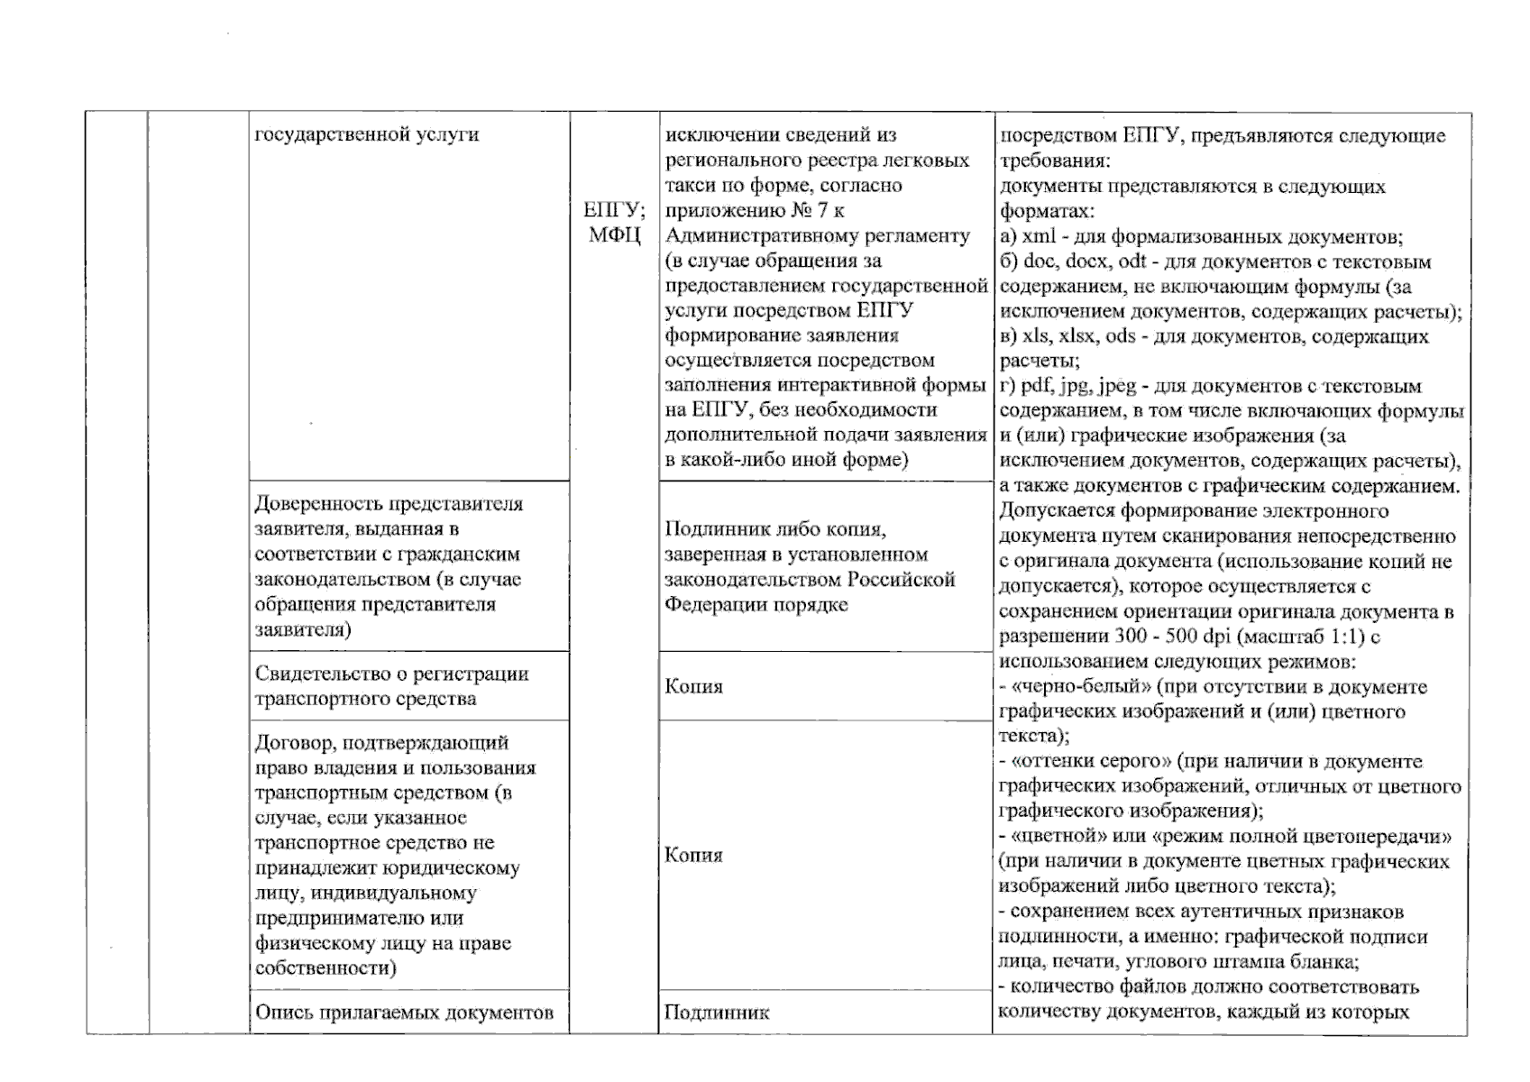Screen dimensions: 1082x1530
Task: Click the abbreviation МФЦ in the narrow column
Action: click(614, 236)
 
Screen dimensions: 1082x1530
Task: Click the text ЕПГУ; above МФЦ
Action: click(614, 211)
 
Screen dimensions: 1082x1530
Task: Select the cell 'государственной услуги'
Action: click(367, 135)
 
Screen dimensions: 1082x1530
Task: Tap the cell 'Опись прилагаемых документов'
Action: click(404, 1013)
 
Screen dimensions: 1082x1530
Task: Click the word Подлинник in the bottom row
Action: click(717, 1013)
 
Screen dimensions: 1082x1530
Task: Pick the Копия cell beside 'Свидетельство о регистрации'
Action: click(693, 687)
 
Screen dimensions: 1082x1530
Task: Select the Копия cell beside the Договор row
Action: click(693, 856)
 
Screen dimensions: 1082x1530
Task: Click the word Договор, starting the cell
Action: click(292, 744)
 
